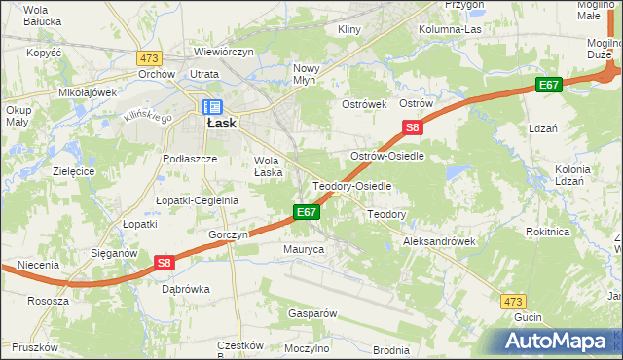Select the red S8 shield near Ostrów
point(413,127)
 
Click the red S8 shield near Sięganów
point(164,262)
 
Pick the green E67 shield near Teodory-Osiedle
point(306,212)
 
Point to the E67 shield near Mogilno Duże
point(549,86)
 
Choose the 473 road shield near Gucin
point(513,302)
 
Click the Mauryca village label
point(304,250)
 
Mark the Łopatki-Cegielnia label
point(198,200)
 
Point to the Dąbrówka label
point(186,289)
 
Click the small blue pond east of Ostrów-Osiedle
point(454,172)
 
